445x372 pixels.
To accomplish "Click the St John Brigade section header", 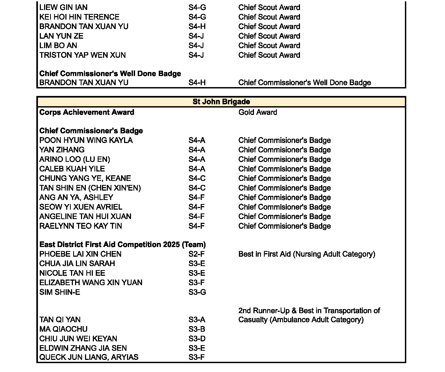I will [x=221, y=102].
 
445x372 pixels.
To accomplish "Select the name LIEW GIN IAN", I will [x=63, y=7].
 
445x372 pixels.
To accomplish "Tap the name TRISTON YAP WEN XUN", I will [x=82, y=55].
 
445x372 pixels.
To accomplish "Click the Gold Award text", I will [x=257, y=112].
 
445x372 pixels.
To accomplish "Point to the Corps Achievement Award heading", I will [x=87, y=112].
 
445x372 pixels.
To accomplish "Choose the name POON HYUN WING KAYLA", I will [x=86, y=140].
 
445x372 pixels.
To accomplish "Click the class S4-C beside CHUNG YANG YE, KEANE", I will [x=197, y=178].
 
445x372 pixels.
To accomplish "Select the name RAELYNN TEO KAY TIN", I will [x=80, y=226].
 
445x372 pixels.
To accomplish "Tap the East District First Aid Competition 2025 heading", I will [x=122, y=245].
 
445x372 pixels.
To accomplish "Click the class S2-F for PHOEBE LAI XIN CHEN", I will [x=196, y=254].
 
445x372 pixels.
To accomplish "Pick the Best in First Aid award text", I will [x=306, y=254].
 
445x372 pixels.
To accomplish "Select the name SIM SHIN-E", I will [x=59, y=292].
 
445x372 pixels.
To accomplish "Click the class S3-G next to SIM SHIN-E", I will [x=197, y=292].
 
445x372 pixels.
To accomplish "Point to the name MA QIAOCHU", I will [x=63, y=329].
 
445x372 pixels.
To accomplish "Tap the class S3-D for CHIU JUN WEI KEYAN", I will [x=197, y=339].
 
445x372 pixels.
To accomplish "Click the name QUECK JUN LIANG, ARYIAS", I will [x=89, y=357].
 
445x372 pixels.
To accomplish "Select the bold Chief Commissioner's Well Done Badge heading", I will [x=110, y=74].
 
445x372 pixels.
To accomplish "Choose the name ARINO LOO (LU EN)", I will [x=75, y=159].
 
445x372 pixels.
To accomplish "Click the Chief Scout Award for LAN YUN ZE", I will [x=269, y=36].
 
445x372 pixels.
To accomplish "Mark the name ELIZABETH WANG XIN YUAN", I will [x=91, y=282].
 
